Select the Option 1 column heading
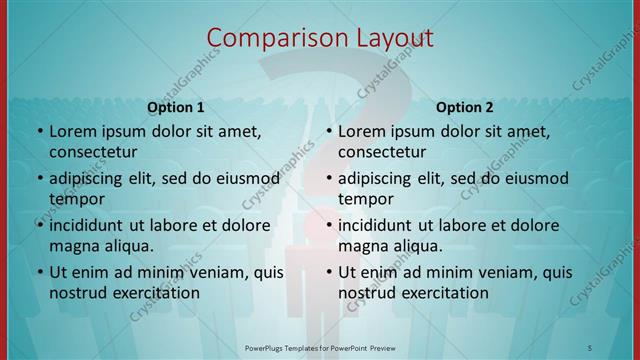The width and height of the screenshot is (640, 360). click(x=176, y=107)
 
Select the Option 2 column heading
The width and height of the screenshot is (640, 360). click(x=465, y=107)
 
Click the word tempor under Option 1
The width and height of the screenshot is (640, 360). click(x=76, y=199)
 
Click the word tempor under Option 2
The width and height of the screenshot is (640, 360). click(x=365, y=199)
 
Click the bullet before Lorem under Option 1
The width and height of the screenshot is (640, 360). click(x=39, y=132)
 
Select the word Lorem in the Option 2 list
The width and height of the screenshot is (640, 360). click(x=362, y=131)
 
